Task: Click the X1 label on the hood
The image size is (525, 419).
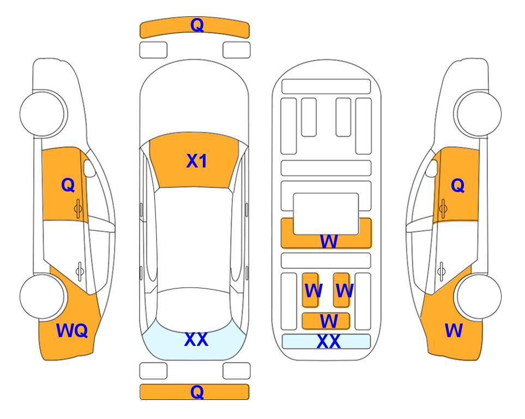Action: [197, 161]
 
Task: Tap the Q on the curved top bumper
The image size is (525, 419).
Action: [197, 25]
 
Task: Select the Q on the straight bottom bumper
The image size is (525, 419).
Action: [197, 392]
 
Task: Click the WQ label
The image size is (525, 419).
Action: [72, 331]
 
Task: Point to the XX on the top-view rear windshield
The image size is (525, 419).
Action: [196, 339]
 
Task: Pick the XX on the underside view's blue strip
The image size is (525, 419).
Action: [328, 342]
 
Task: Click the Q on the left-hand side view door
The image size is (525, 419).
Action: [68, 185]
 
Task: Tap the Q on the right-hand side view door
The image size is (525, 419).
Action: [458, 185]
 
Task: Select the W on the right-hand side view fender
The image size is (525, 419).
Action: [454, 331]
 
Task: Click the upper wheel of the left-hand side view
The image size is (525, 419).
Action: [43, 114]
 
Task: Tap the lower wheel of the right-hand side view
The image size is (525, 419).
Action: [479, 296]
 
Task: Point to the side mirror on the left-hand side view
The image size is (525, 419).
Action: [89, 168]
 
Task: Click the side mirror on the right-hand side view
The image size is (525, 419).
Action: [432, 168]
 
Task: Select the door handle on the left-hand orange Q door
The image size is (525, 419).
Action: [79, 208]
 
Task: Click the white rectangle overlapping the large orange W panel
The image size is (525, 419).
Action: [326, 214]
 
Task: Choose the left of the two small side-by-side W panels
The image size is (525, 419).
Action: [310, 290]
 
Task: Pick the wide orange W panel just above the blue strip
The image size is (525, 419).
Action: [326, 321]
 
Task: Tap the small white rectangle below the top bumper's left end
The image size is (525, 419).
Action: [153, 50]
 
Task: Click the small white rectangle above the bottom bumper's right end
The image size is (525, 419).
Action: [237, 371]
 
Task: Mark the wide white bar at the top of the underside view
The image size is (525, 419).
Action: [326, 87]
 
